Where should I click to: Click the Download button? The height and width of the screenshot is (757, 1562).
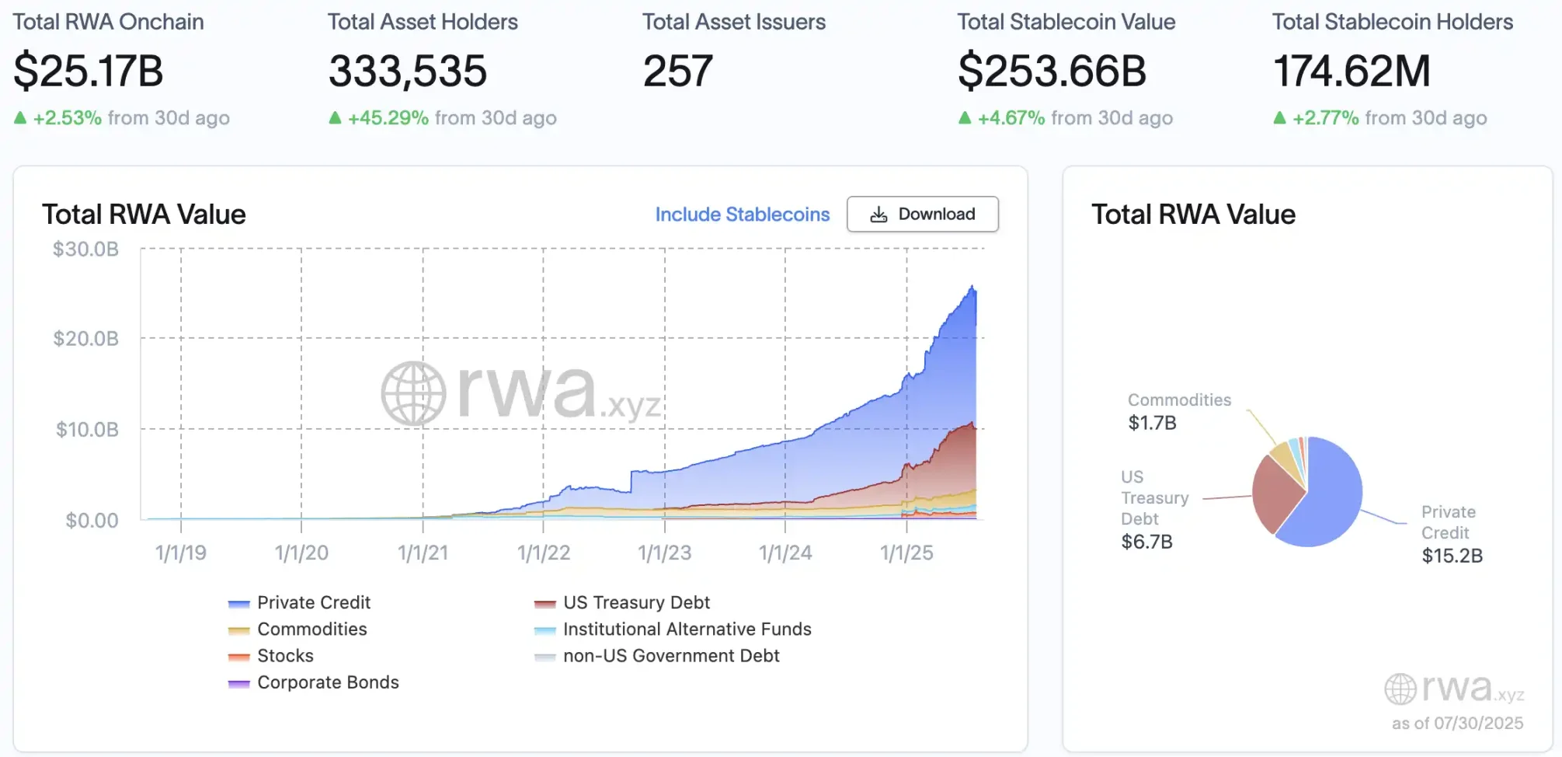[x=922, y=215]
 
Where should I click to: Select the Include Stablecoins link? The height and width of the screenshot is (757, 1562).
[x=742, y=215]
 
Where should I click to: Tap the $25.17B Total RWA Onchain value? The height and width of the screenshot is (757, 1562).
[x=89, y=72]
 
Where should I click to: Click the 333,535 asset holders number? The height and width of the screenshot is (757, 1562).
[x=408, y=72]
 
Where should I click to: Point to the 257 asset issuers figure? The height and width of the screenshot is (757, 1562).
[x=677, y=72]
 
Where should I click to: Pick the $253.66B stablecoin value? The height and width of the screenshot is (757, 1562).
[x=1052, y=72]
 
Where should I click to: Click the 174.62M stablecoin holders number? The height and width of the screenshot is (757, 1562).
[x=1352, y=72]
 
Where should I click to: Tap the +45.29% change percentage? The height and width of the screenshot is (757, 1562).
[x=388, y=118]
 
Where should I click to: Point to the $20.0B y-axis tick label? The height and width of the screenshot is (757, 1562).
[x=85, y=339]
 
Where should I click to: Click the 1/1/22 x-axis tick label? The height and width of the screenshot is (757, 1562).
[x=544, y=553]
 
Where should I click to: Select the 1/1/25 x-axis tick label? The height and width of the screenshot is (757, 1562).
[x=906, y=553]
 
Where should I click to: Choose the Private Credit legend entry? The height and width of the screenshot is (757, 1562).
[x=313, y=603]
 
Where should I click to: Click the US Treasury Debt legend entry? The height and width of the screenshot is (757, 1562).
[x=636, y=603]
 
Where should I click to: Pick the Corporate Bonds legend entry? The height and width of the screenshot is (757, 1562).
[x=328, y=682]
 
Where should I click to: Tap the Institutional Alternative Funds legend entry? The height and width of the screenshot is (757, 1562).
[x=687, y=630]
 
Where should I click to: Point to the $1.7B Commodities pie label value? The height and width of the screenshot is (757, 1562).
[x=1152, y=424]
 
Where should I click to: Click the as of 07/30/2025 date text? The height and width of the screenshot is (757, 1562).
[x=1457, y=724]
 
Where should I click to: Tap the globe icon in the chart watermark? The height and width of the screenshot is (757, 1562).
[x=413, y=393]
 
